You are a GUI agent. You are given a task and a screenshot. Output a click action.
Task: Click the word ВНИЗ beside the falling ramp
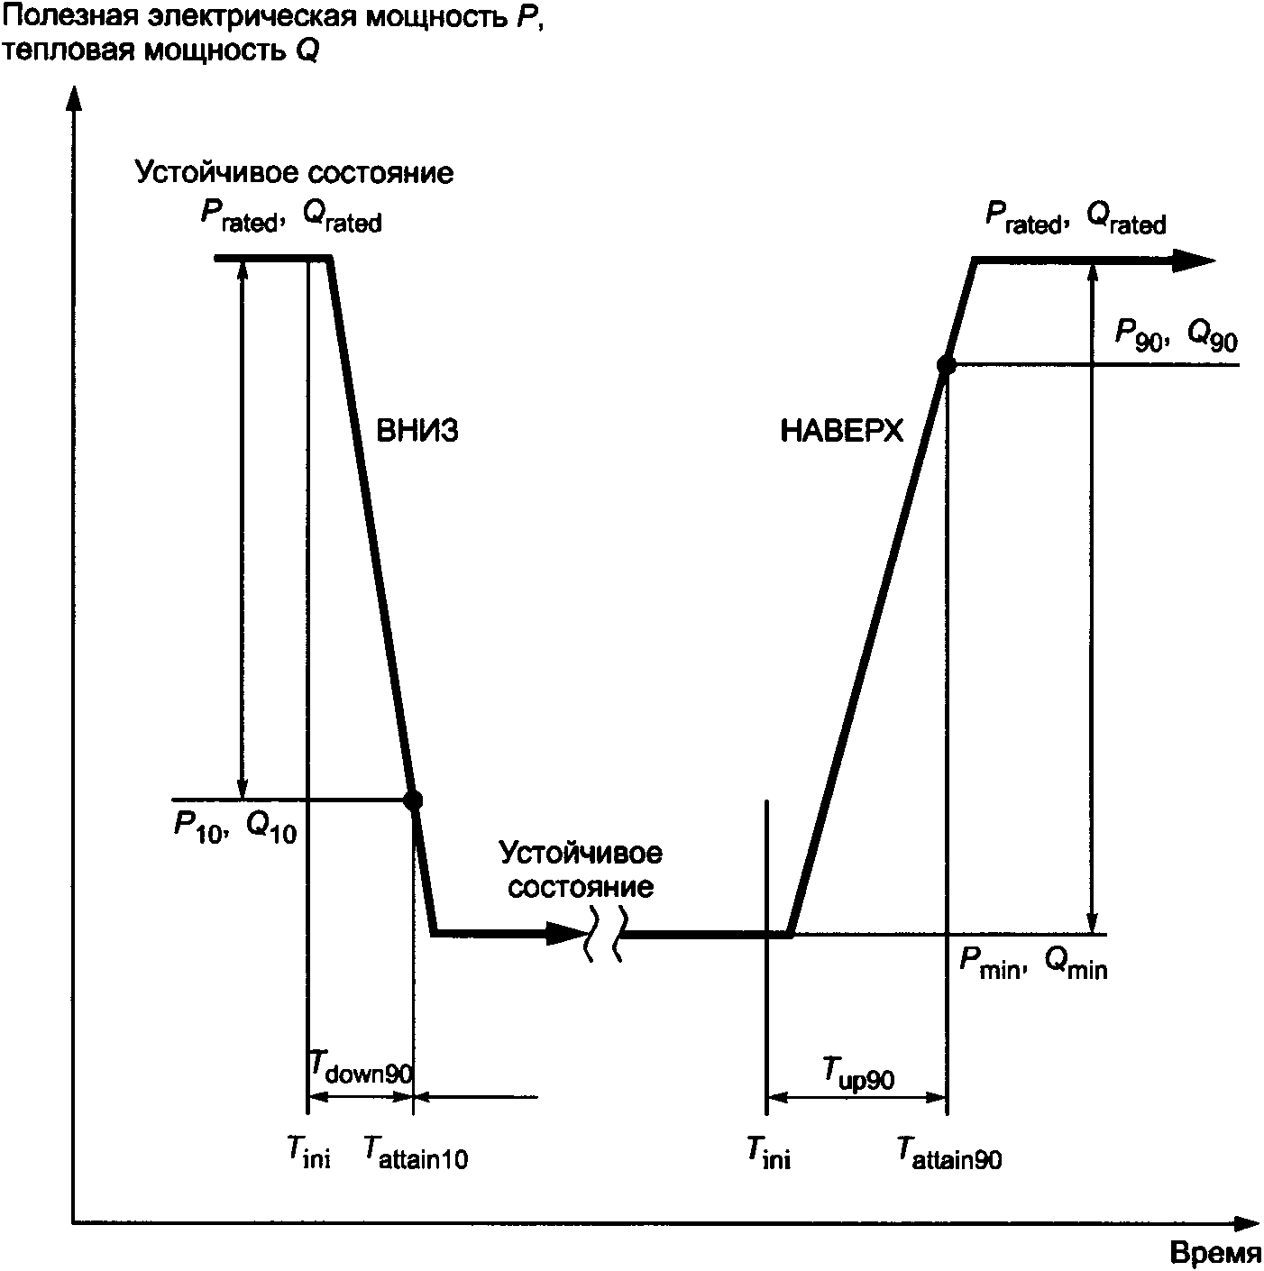point(417,431)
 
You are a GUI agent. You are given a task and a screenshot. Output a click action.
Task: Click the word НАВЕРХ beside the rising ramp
point(840,432)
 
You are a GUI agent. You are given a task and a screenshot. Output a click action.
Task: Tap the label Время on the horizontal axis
point(1215,1254)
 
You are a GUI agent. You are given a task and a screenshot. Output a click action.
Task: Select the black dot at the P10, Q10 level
point(413,800)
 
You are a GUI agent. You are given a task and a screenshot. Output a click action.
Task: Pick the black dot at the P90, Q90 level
point(946,364)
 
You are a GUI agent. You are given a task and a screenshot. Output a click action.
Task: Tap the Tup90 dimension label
point(857,1073)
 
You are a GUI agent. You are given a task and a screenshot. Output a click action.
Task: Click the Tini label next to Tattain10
point(309,1152)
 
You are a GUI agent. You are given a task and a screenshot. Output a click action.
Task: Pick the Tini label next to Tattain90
point(768,1152)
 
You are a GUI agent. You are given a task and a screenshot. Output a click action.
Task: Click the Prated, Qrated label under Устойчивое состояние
point(290,216)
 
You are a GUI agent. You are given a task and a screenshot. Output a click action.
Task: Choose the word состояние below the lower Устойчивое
point(580,887)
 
